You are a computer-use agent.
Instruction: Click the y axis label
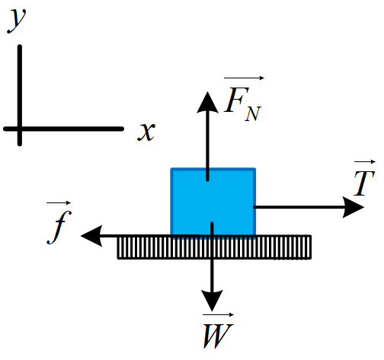click(x=17, y=21)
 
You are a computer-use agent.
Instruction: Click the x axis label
click(x=146, y=132)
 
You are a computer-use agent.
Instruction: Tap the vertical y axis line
click(x=20, y=95)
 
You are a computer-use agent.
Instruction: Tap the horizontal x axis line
click(x=63, y=129)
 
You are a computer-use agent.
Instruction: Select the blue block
click(x=213, y=202)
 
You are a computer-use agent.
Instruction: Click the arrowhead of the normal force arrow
click(x=207, y=102)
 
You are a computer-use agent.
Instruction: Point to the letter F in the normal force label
click(x=236, y=100)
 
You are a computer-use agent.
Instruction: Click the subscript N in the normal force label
click(x=253, y=113)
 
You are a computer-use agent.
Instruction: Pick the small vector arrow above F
click(x=244, y=78)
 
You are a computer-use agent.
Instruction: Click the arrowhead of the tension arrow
click(x=354, y=207)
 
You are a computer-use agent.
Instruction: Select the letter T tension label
click(x=364, y=183)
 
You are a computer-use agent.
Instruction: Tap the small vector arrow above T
click(x=365, y=161)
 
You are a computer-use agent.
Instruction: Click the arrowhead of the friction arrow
click(x=91, y=236)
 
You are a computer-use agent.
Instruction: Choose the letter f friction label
click(x=59, y=227)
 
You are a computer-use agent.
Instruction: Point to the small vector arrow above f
click(x=59, y=202)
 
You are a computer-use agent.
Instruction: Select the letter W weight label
click(x=218, y=336)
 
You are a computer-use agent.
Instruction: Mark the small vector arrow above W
click(x=218, y=315)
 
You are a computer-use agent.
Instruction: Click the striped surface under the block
click(x=214, y=247)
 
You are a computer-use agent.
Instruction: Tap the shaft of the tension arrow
click(x=299, y=207)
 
